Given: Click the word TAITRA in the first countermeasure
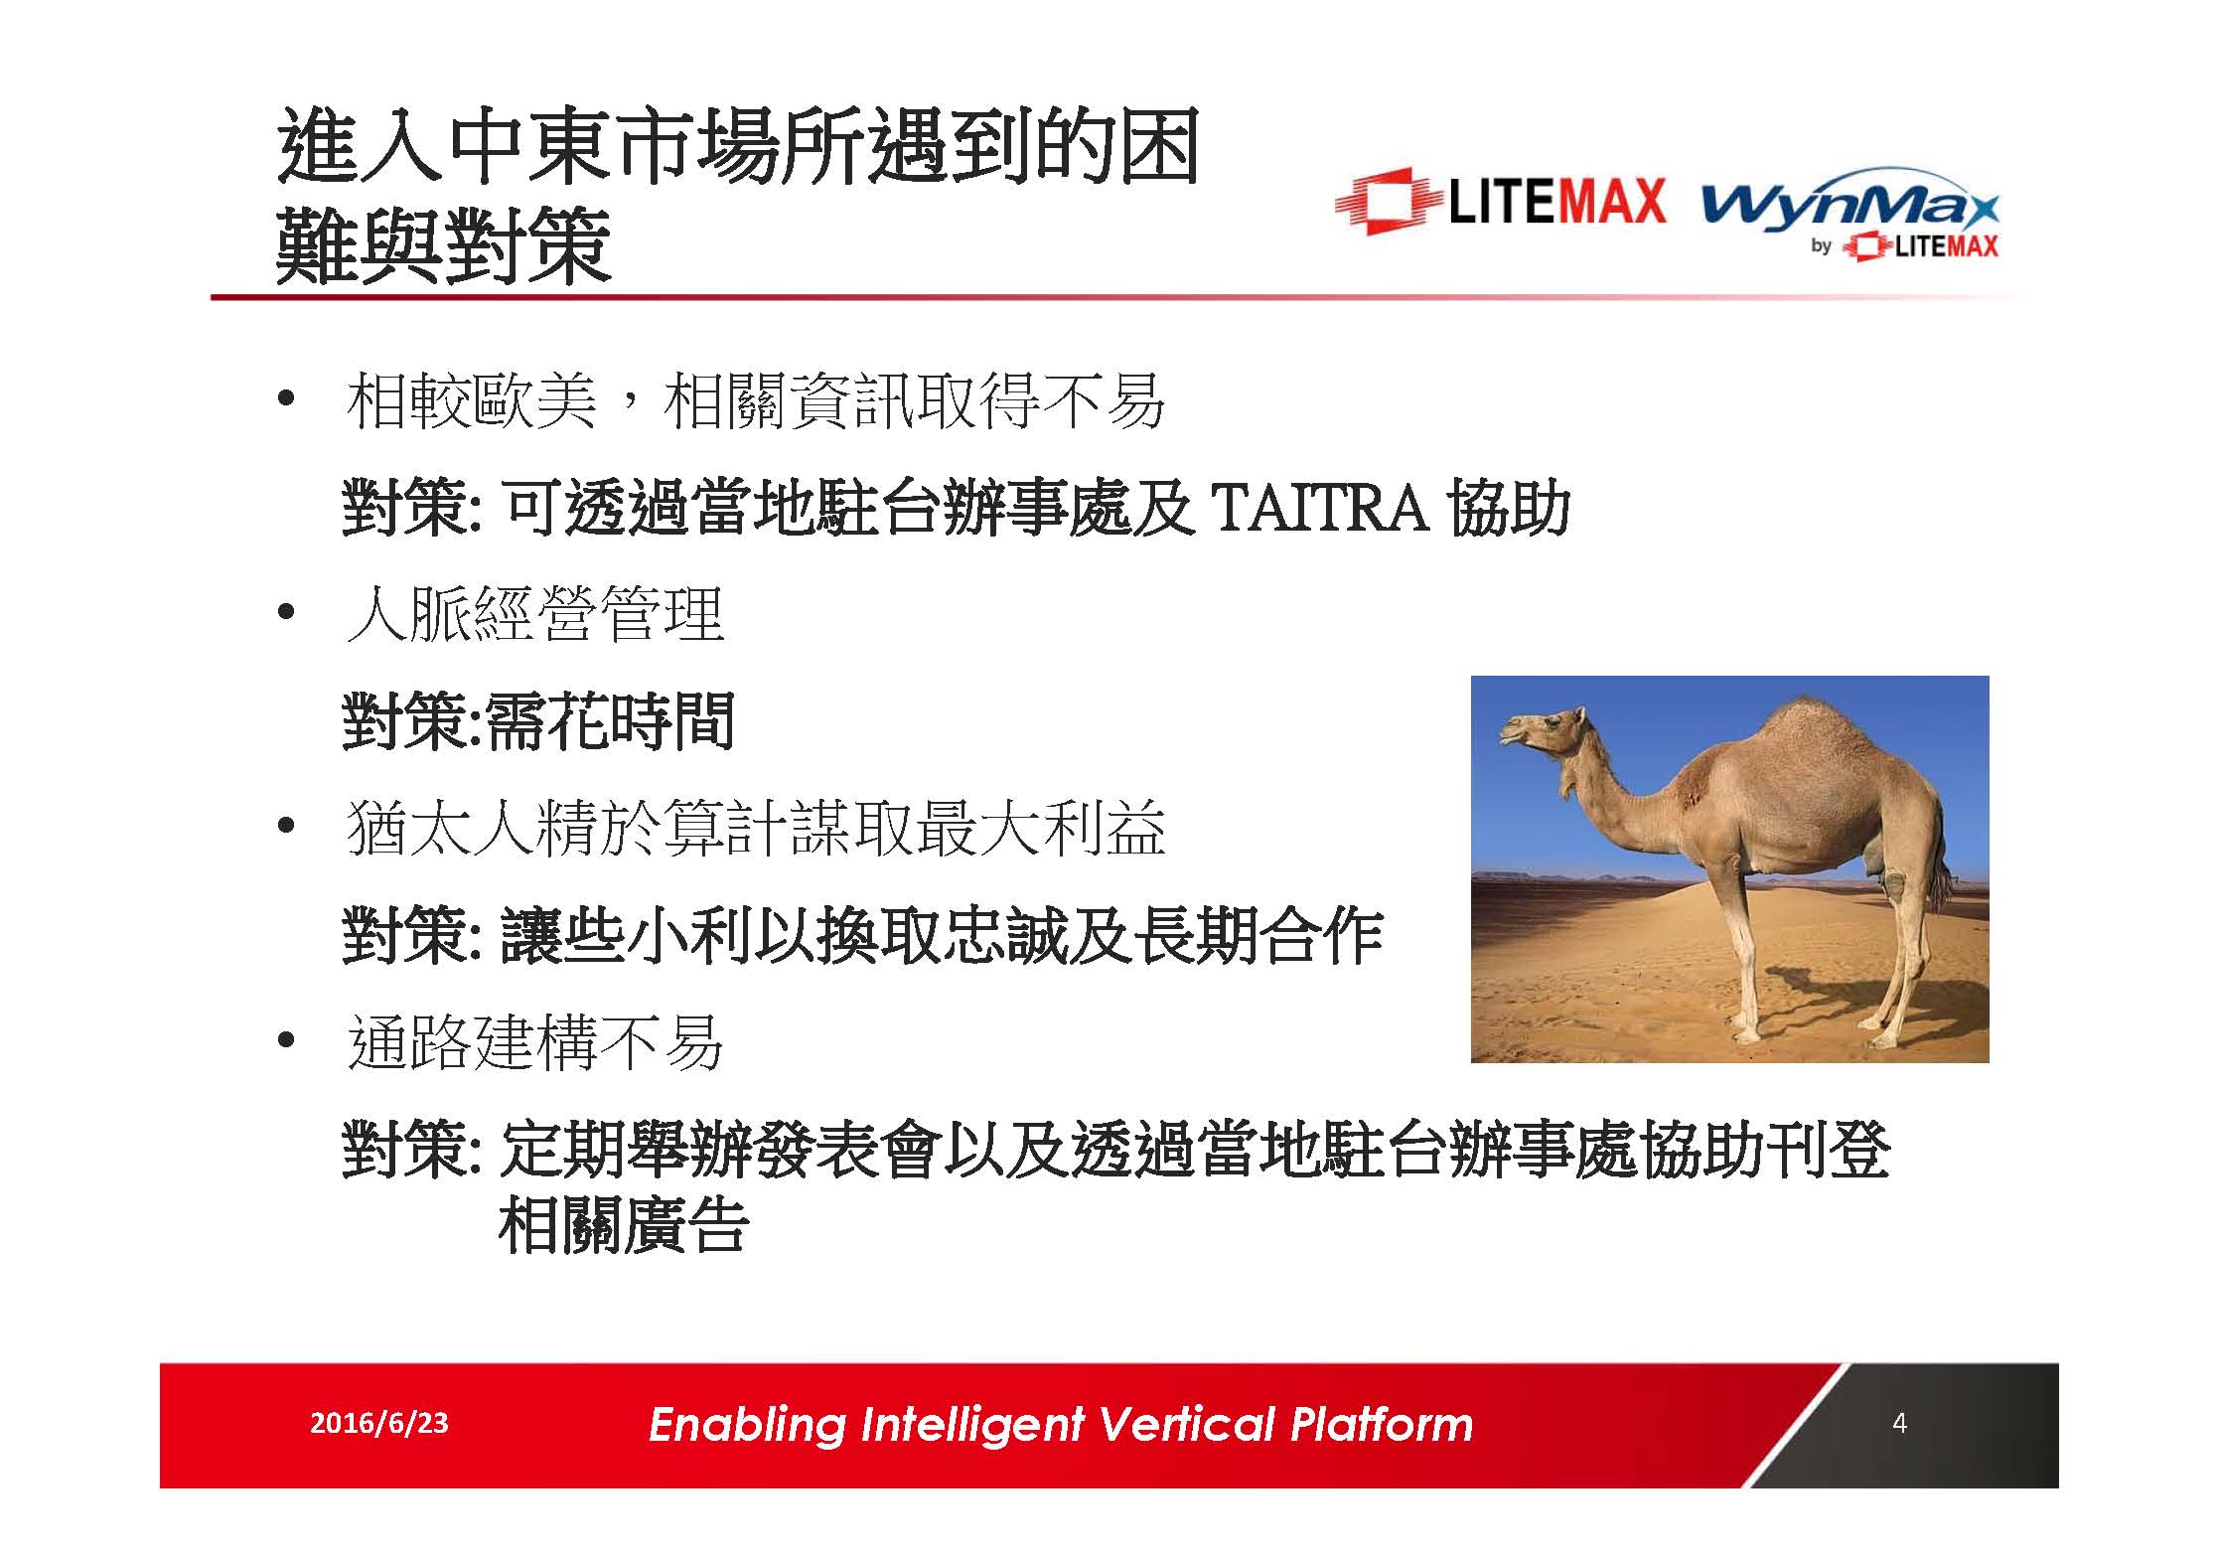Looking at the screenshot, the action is click(1320, 508).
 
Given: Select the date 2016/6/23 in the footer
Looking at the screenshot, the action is click(378, 1424).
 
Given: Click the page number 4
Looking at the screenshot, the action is click(1898, 1424).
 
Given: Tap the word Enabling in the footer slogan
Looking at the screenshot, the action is click(746, 1425).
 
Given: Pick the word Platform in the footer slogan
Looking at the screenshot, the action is click(1381, 1424).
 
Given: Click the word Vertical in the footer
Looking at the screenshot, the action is click(1186, 1424).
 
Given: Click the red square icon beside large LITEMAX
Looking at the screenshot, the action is click(1387, 202).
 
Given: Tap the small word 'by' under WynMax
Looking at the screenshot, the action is click(1820, 245).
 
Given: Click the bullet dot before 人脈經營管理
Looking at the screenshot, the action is click(286, 613).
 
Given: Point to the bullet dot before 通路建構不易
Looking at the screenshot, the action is click(286, 1041).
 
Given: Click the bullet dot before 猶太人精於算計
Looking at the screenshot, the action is click(286, 827).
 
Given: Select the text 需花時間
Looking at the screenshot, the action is click(609, 721).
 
